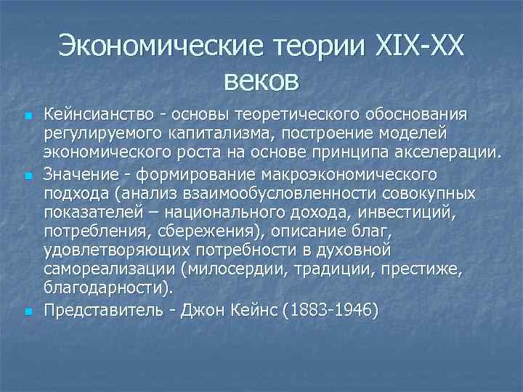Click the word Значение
point(77,174)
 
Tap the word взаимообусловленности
point(264,194)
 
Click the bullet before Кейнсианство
point(28,116)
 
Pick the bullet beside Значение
point(28,176)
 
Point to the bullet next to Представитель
point(28,311)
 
